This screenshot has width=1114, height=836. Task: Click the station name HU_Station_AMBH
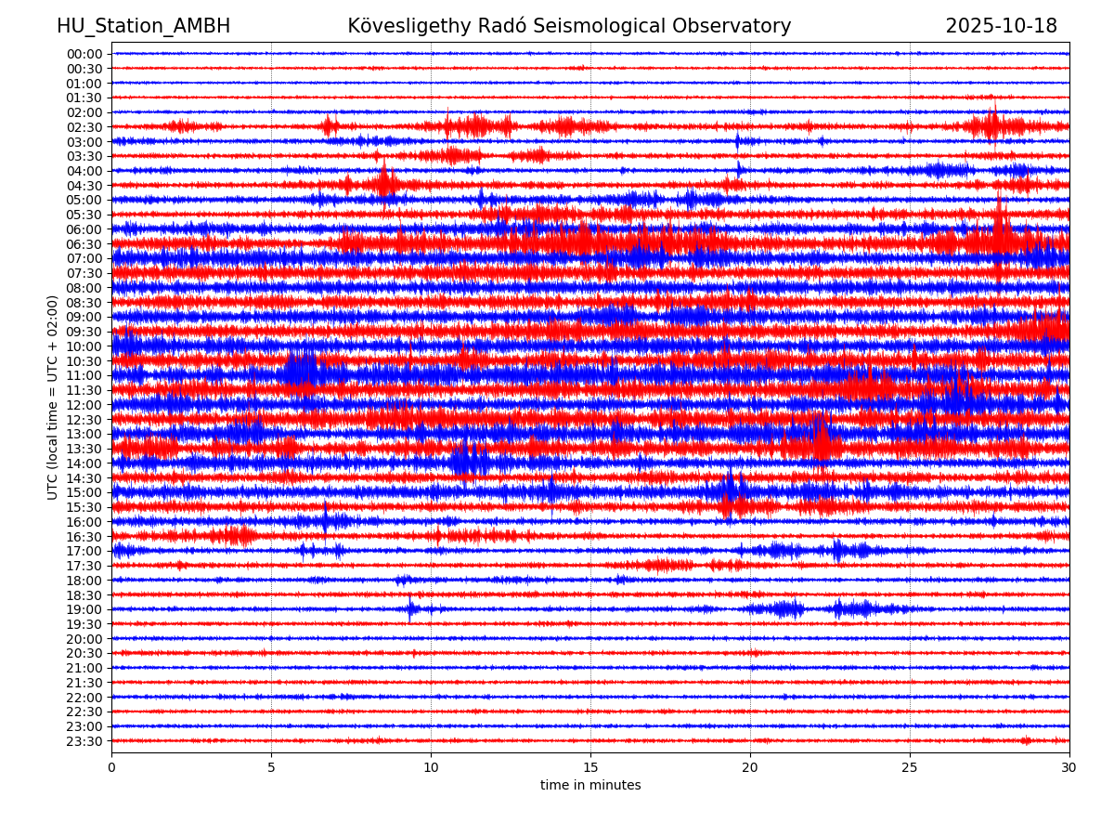143,26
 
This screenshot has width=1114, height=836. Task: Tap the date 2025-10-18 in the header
1001,26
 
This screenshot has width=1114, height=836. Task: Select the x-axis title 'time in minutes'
590,786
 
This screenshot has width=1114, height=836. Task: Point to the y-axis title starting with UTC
53,397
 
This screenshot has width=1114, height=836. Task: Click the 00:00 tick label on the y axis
84,54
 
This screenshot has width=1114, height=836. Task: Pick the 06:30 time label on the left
84,244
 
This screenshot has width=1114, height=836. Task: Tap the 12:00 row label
84,405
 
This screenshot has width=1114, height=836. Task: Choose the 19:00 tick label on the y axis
84,609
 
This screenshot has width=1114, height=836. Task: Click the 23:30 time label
84,741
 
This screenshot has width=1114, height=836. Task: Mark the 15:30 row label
84,507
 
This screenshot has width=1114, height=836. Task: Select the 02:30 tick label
84,127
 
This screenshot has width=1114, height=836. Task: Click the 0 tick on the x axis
111,768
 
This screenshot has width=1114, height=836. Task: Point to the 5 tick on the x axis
271,768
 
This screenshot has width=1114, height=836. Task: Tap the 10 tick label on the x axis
431,768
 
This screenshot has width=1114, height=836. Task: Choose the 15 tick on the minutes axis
590,768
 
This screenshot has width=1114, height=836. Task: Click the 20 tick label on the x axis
750,768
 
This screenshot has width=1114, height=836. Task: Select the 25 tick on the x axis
910,768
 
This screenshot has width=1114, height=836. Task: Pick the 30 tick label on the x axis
1069,768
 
